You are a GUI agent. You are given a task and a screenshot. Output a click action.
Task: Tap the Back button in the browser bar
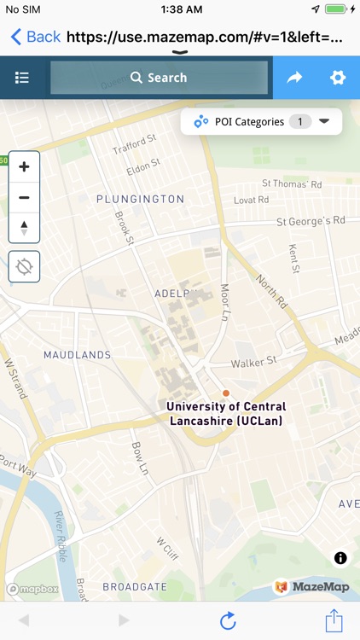point(36,37)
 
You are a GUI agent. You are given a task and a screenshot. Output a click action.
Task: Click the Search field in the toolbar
point(160,78)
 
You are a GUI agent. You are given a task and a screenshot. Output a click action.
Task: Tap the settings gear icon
point(338,78)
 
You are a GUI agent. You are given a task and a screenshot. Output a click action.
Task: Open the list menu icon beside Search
point(22,78)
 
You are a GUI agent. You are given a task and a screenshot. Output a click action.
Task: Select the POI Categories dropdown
point(261,121)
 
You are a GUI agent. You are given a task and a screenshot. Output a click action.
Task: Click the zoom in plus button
point(24,167)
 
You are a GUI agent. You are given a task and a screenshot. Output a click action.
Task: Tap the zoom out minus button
point(24,198)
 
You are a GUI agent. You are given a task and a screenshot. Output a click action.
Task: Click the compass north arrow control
point(24,228)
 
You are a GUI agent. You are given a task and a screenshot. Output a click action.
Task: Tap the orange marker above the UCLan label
point(226,393)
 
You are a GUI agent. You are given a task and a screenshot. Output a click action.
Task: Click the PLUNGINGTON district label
point(140,199)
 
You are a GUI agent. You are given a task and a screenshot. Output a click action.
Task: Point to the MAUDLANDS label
point(77,354)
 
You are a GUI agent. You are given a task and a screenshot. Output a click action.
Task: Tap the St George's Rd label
point(311,220)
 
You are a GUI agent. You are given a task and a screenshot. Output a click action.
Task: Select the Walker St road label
point(254,362)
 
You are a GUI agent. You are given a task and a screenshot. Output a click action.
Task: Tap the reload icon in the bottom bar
point(228,620)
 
